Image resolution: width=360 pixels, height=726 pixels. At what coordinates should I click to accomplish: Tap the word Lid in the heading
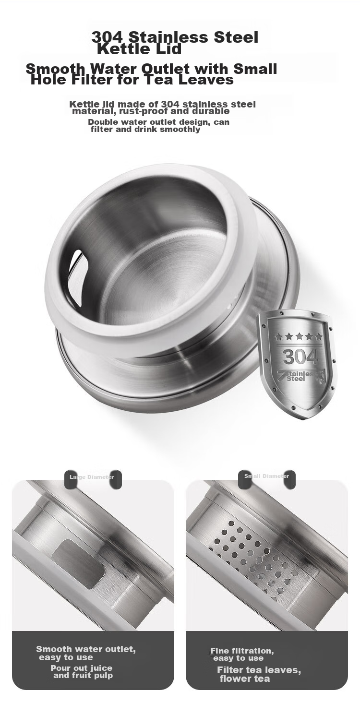(x=168, y=49)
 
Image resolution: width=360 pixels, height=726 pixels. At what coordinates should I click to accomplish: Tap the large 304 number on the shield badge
(x=300, y=357)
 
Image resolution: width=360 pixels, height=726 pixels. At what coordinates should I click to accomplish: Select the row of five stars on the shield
(x=299, y=336)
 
